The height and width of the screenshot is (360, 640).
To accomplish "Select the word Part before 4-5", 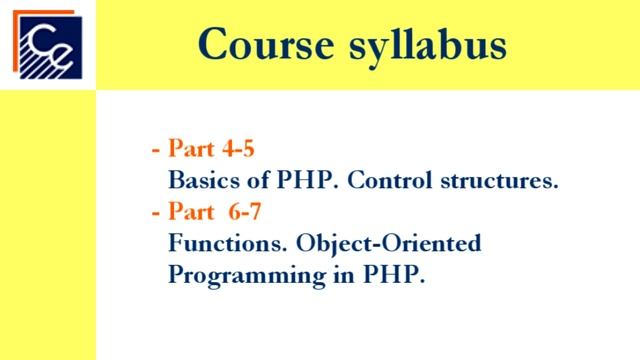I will [x=193, y=150].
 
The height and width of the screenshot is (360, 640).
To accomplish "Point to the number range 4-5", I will [x=240, y=150].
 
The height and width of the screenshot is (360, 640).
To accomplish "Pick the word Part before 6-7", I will [x=193, y=212].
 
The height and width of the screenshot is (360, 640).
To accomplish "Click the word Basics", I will [x=204, y=182].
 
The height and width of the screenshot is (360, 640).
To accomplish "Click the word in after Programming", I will [x=324, y=275].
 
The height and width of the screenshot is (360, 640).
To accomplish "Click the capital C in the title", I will [x=214, y=44].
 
